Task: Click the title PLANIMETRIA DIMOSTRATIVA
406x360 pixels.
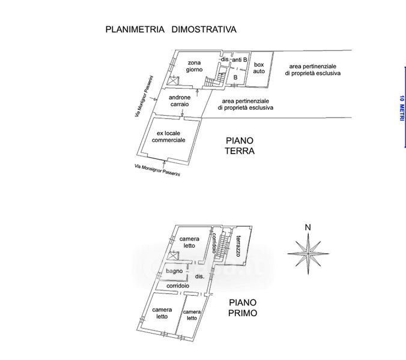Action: (171, 29)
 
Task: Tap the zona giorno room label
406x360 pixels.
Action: (194, 66)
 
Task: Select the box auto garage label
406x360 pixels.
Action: (259, 68)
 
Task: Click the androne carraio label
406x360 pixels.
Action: (180, 101)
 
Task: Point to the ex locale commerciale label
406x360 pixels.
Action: (169, 137)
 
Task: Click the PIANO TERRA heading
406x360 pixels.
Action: (240, 146)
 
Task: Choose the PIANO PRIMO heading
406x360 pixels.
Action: (243, 308)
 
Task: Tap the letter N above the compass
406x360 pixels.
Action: (308, 227)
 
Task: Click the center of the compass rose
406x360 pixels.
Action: (308, 254)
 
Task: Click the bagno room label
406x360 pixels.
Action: (174, 271)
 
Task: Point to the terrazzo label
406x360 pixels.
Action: (238, 246)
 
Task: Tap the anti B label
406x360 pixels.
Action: (239, 60)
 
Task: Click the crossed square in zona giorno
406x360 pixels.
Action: (173, 80)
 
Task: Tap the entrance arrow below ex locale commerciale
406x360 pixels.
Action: (164, 163)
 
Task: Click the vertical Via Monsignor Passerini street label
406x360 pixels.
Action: (144, 96)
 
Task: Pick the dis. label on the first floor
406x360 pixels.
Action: (199, 277)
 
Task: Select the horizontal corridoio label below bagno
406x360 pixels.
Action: (178, 286)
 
